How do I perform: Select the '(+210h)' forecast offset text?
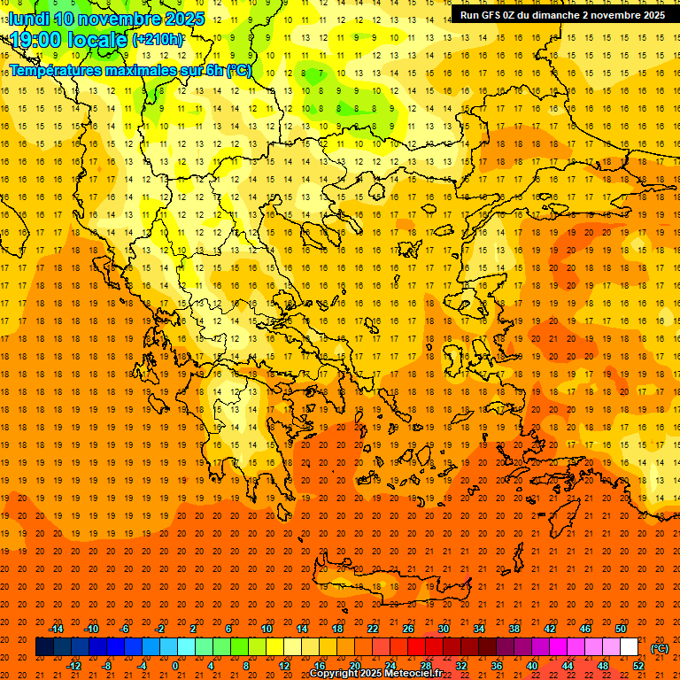158,40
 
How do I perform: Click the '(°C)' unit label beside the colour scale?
660,648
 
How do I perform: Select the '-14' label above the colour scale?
56,629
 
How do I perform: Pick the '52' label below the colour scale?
638,666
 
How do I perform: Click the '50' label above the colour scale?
621,629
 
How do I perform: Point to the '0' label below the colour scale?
176,666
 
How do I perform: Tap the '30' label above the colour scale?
444,629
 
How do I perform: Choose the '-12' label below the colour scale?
73,666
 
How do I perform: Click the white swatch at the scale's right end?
630,647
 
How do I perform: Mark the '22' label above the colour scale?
373,629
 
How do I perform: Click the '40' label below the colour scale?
532,666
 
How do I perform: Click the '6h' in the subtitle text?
214,70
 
